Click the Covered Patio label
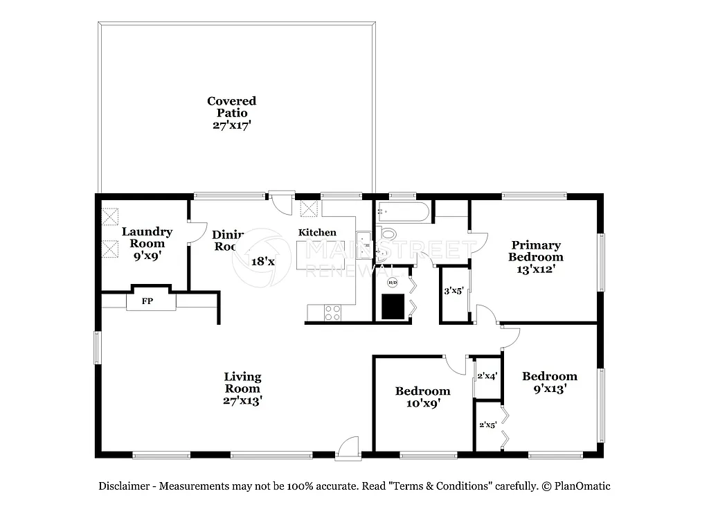coord(231,113)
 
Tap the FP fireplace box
coord(147,301)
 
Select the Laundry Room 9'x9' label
coord(147,243)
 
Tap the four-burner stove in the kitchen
coord(332,312)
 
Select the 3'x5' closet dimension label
coord(453,291)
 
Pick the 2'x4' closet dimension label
coord(487,376)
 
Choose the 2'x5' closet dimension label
coord(487,425)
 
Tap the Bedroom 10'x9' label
coord(422,397)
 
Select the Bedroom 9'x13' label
coord(549,382)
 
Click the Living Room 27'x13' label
coord(242,389)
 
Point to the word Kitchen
coord(317,233)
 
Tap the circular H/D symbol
coord(393,282)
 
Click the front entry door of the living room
coord(348,448)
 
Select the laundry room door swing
coord(197,233)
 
